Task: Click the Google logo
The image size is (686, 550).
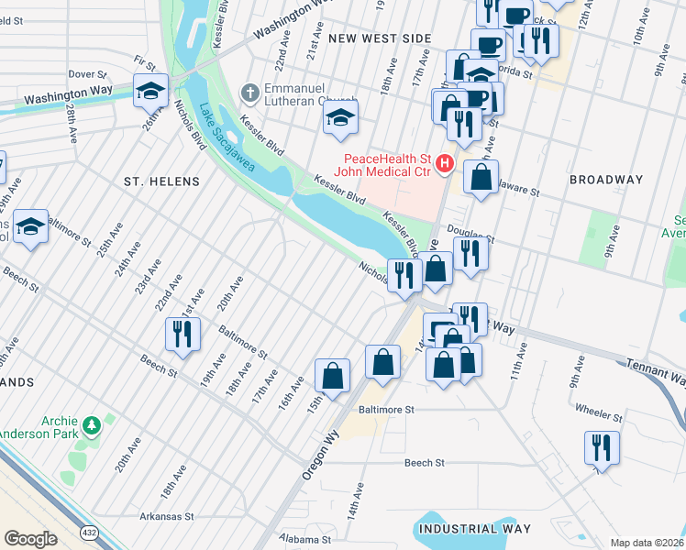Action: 30,539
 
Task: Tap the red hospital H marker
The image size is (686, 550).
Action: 445,163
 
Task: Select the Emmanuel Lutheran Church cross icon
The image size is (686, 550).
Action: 248,93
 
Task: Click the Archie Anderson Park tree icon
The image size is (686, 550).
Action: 91,425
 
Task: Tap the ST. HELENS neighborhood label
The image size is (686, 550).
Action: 161,181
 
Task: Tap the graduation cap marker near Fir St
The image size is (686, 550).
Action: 150,91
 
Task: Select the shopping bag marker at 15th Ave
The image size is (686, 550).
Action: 332,375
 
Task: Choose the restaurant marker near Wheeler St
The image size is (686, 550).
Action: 602,448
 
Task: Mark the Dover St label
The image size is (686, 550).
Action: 88,73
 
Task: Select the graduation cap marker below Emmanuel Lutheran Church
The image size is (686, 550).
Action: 341,118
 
